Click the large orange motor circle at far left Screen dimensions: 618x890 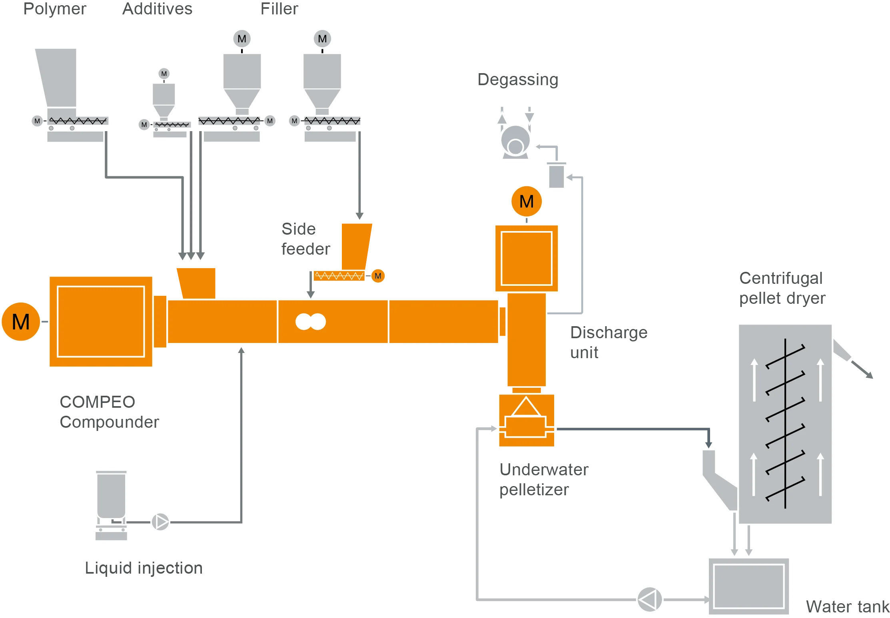click(21, 321)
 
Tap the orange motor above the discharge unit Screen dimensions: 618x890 click(526, 201)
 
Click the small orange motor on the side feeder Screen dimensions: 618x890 click(377, 276)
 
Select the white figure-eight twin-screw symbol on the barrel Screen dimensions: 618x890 click(310, 321)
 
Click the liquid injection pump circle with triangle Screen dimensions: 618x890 click(160, 522)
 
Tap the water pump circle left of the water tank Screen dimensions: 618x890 click(649, 599)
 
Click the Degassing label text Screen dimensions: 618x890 click(517, 79)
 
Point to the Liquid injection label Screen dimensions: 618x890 click(144, 568)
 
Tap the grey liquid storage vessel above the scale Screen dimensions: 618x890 click(111, 495)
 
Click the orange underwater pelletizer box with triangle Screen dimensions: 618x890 click(526, 421)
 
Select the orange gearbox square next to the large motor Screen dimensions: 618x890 click(101, 321)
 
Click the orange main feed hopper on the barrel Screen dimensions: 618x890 click(197, 282)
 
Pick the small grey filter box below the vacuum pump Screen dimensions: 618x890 click(556, 175)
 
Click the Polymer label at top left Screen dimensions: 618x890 click(55, 9)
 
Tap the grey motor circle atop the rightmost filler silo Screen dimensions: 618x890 click(322, 39)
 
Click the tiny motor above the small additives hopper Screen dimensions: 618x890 click(164, 74)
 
